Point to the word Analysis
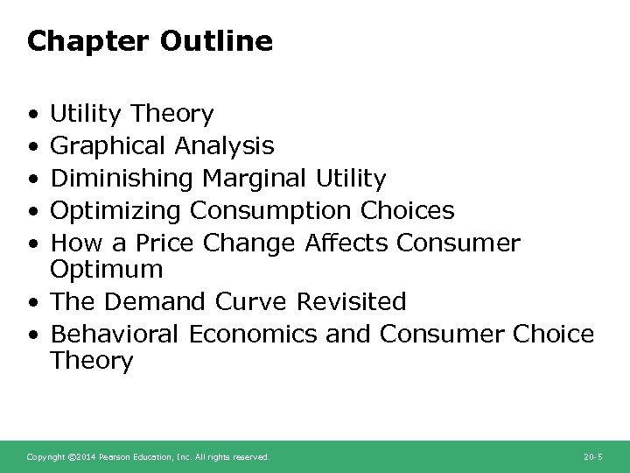[224, 146]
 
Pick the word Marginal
[255, 179]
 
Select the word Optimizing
[116, 211]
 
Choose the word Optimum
[107, 268]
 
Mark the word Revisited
[352, 301]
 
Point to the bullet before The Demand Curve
[32, 302]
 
